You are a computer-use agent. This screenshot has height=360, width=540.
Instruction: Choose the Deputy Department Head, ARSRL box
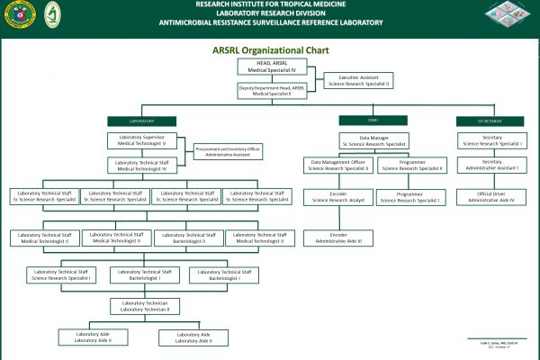pyautogui.click(x=272, y=90)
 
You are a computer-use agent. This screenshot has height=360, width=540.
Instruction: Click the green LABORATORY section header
pyautogui.click(x=141, y=121)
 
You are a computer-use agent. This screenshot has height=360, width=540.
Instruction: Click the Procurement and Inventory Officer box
pyautogui.click(x=228, y=151)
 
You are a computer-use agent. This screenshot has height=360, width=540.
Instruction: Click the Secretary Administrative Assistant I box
pyautogui.click(x=490, y=165)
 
